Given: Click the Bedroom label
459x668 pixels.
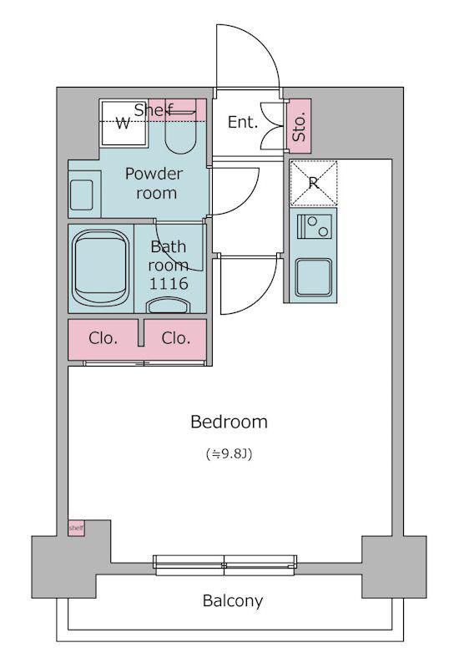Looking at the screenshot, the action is coord(229,422).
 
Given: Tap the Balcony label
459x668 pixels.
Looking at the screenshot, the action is coord(233,600).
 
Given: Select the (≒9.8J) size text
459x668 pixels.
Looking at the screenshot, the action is coord(229,454).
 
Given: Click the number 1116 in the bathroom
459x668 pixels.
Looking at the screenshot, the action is coord(169,283).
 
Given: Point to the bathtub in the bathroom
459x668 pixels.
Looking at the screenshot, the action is coord(101,268).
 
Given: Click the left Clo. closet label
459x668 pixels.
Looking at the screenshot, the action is coord(103,338).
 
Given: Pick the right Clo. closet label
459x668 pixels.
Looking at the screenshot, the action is coord(176,338).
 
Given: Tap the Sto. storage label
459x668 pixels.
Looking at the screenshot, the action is coord(300,126).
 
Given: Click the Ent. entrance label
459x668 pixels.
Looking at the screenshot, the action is coord(243,122).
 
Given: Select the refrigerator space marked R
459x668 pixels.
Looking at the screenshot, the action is coord(314,183).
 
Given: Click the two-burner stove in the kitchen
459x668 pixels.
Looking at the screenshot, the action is coord(315,226).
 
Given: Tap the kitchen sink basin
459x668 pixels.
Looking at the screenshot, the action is coord(314,277).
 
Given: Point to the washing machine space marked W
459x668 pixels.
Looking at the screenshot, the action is coord(124,124).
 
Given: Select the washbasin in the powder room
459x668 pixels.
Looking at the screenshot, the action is coord(81,195).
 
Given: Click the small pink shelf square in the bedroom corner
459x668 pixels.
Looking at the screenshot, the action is coord(77,528).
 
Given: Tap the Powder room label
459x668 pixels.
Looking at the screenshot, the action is coord(154,183).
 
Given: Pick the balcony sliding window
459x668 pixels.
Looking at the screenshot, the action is coord(224,561).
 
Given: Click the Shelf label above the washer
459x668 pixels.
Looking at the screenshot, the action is coord(154,110).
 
